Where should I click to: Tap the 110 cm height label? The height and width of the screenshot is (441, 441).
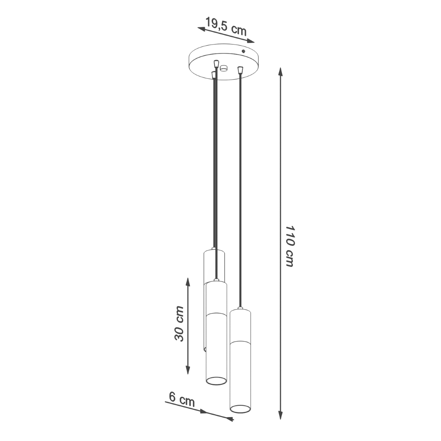click(x=290, y=246)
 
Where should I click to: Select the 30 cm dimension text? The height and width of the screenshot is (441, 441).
click(x=179, y=323)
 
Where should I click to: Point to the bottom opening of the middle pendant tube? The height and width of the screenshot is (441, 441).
click(x=216, y=381)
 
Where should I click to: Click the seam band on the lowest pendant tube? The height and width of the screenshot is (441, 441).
click(x=240, y=341)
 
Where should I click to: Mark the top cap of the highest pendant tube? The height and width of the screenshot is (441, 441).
click(x=214, y=250)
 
